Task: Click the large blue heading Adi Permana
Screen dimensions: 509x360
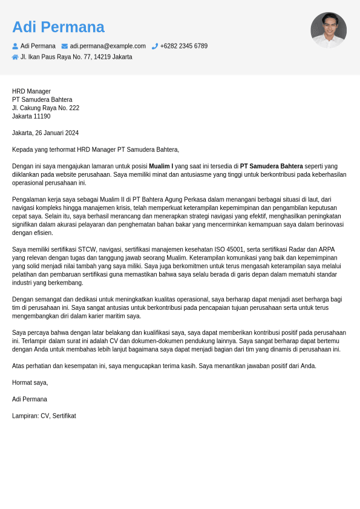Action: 58,27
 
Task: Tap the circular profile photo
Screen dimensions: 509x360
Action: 328,30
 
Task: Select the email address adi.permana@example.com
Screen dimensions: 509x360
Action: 108,46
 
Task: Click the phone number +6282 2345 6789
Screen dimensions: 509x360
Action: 183,46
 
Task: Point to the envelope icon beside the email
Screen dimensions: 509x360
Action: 65,46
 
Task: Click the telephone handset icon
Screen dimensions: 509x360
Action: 155,46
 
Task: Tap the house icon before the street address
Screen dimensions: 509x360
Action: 15,57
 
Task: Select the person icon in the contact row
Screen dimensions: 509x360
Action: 15,46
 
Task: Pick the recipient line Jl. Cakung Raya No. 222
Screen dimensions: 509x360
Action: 45,108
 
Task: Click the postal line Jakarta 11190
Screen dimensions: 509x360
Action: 31,116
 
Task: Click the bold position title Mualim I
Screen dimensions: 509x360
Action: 161,166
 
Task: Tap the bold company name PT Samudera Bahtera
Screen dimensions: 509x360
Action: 271,166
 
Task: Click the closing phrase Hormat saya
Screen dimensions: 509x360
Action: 30,383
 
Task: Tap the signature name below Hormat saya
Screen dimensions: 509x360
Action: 29,399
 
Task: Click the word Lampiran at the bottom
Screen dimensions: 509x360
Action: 25,416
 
